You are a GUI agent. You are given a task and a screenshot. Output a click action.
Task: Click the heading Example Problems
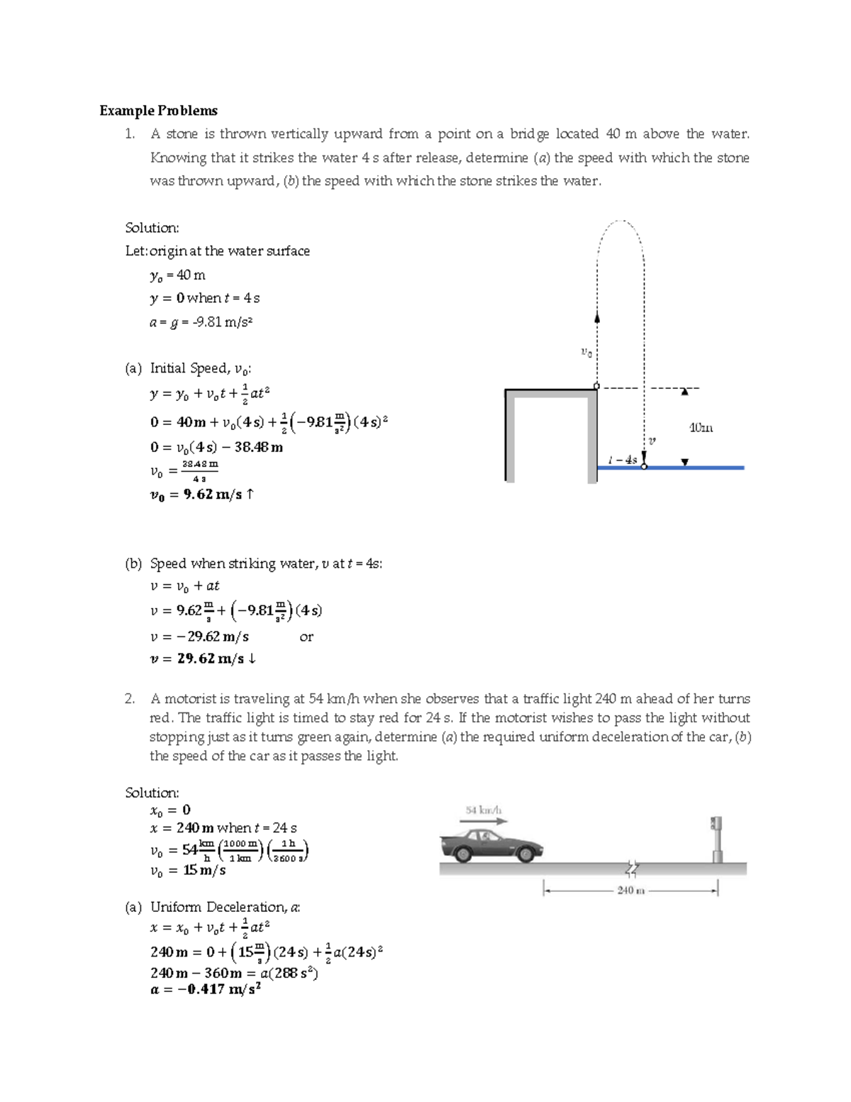point(158,111)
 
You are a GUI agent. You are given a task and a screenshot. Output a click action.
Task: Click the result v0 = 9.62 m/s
point(201,495)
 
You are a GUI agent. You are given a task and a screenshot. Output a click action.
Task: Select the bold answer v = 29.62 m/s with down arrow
point(203,659)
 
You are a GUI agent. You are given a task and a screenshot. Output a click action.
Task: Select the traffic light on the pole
point(716,825)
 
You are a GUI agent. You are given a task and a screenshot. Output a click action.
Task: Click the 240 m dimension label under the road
point(630,890)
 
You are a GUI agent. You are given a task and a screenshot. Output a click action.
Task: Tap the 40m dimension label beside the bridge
point(701,428)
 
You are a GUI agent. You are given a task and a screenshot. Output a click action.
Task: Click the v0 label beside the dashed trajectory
point(585,351)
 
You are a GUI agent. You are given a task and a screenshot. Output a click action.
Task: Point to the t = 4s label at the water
point(624,460)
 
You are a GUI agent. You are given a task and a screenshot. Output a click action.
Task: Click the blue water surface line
point(695,468)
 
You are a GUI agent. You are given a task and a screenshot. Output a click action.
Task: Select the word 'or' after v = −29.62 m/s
point(306,637)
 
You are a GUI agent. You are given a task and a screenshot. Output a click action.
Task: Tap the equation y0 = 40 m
point(178,275)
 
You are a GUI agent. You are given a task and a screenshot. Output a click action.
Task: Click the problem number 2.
point(129,699)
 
